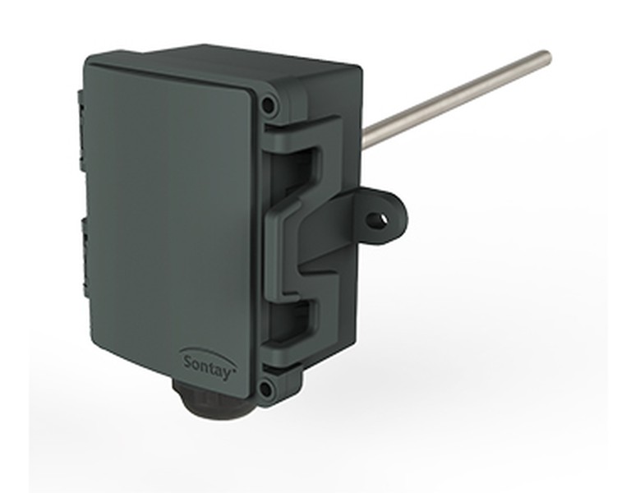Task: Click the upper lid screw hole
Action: tap(268, 105)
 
